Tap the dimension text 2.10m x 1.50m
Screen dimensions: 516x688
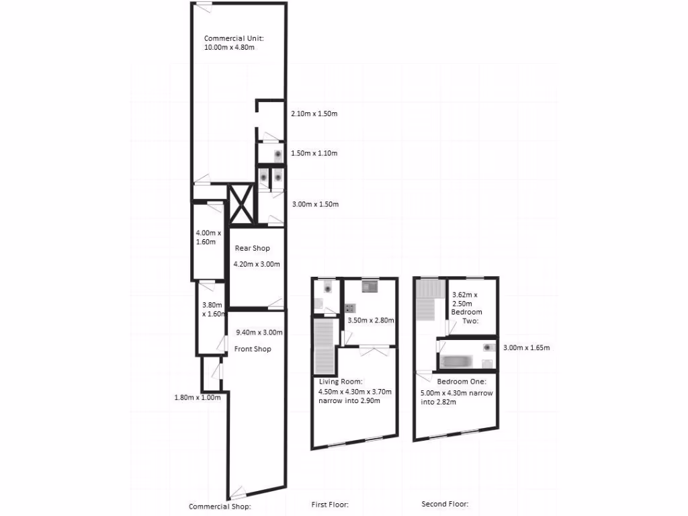click(x=314, y=114)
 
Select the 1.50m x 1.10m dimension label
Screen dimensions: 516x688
click(x=314, y=153)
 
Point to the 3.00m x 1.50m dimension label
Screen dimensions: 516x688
click(x=314, y=204)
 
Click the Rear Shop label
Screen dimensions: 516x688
click(x=252, y=248)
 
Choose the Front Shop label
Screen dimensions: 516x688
click(x=252, y=349)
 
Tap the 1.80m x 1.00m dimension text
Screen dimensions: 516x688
click(x=198, y=397)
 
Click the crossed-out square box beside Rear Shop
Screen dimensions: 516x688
click(x=241, y=204)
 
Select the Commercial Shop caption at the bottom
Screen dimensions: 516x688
click(x=219, y=507)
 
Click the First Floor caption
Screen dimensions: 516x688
click(x=330, y=504)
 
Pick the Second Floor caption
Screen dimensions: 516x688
click(x=445, y=503)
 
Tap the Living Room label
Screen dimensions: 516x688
click(x=340, y=382)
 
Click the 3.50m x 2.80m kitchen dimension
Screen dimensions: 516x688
click(x=370, y=320)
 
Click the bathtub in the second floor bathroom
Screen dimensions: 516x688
click(x=456, y=361)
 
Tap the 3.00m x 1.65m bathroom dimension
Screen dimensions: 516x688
click(x=527, y=347)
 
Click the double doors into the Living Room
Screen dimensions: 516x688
click(x=374, y=347)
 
